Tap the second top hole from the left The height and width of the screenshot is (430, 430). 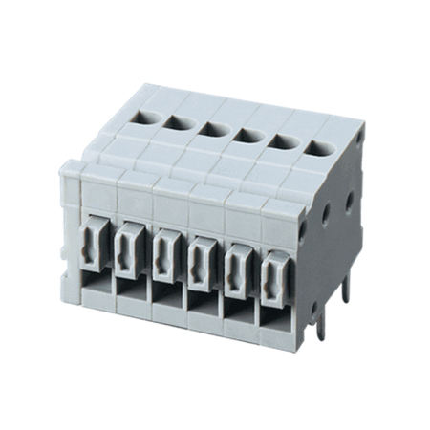[x=178, y=120]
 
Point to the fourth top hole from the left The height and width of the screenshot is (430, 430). [x=246, y=134]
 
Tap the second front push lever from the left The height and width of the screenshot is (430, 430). [x=128, y=247]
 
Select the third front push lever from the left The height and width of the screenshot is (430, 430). [x=164, y=251]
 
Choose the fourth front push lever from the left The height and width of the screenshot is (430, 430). [x=200, y=255]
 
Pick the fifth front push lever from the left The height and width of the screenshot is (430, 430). [x=236, y=261]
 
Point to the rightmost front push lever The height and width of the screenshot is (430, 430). [x=273, y=267]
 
